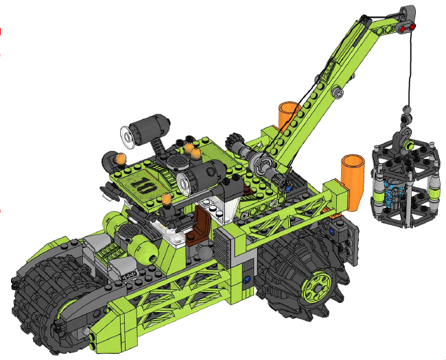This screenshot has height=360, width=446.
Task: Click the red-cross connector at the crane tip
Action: pos(408,28)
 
